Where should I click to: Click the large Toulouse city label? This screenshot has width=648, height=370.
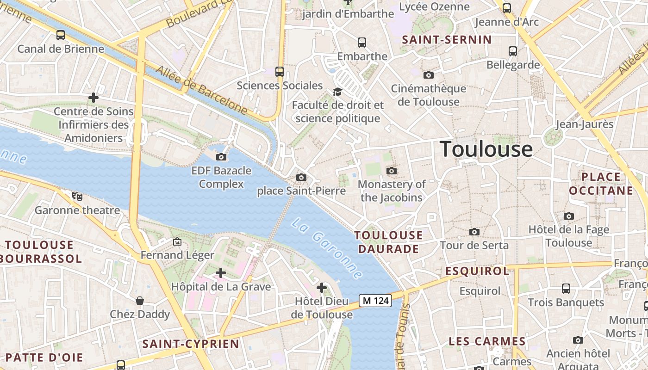tap(486, 149)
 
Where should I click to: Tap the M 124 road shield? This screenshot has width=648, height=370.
tap(376, 301)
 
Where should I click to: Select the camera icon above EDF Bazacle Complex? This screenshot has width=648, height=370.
tap(222, 157)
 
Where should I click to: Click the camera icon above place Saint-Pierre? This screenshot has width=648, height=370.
tap(301, 177)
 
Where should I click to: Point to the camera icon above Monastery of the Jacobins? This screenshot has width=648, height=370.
tap(392, 171)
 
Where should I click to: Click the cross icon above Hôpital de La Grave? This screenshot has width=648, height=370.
tap(221, 273)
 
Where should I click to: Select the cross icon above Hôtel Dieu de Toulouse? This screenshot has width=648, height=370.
tap(322, 288)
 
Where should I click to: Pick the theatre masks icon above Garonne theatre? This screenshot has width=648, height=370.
tap(77, 196)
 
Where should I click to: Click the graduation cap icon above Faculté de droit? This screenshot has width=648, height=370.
tap(337, 92)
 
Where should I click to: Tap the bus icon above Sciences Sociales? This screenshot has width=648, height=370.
tap(279, 71)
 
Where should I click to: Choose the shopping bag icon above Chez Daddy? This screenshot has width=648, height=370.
tap(140, 301)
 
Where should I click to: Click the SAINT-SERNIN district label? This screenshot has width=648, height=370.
tap(447, 40)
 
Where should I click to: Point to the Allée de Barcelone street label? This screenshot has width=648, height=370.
tap(201, 90)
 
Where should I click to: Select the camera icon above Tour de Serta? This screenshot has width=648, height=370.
tap(474, 232)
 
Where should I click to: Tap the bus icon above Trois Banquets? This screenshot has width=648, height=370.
tap(566, 289)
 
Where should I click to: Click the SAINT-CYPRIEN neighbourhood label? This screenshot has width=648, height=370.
tap(191, 344)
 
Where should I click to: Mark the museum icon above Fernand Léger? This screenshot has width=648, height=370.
tap(177, 241)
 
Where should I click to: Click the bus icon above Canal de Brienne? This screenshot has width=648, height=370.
tap(60, 35)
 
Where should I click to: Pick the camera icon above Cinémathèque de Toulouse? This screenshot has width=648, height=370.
tap(429, 74)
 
